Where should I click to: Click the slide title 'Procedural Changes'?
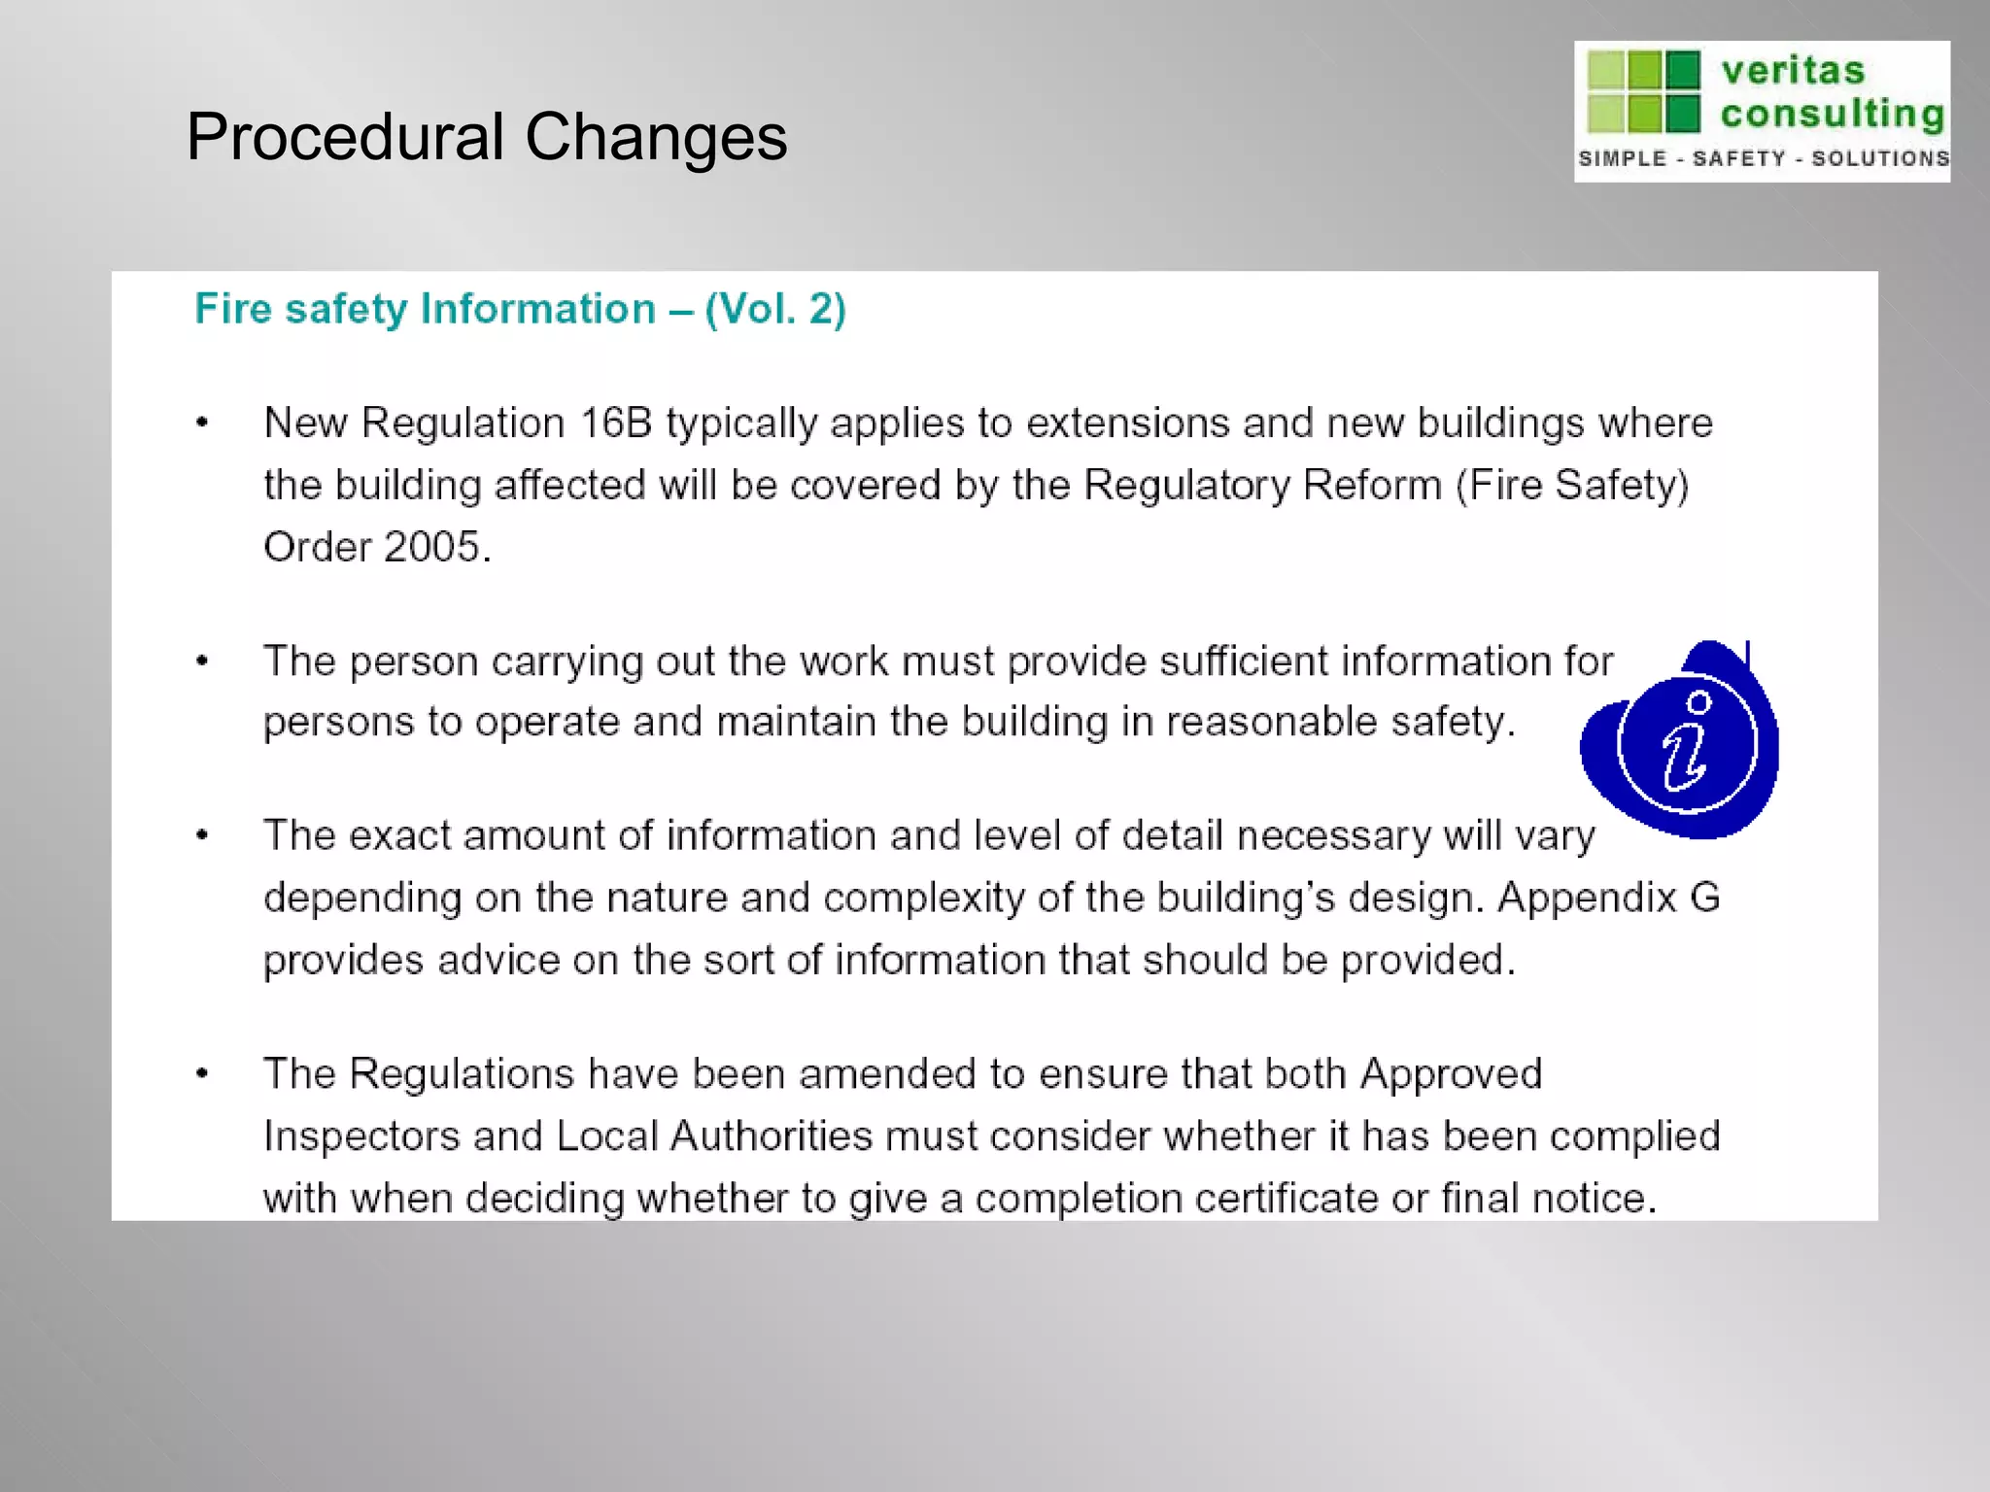[486, 136]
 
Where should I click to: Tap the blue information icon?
[1686, 743]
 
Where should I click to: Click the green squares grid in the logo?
[1643, 91]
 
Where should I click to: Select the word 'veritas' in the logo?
[1793, 70]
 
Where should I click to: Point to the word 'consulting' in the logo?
[1832, 114]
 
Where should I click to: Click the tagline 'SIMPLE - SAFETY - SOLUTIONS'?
[1763, 158]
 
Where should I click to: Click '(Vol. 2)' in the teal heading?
[775, 309]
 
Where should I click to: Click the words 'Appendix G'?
[1608, 898]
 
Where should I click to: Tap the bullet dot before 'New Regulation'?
[202, 423]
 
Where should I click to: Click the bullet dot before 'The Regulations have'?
[202, 1073]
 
